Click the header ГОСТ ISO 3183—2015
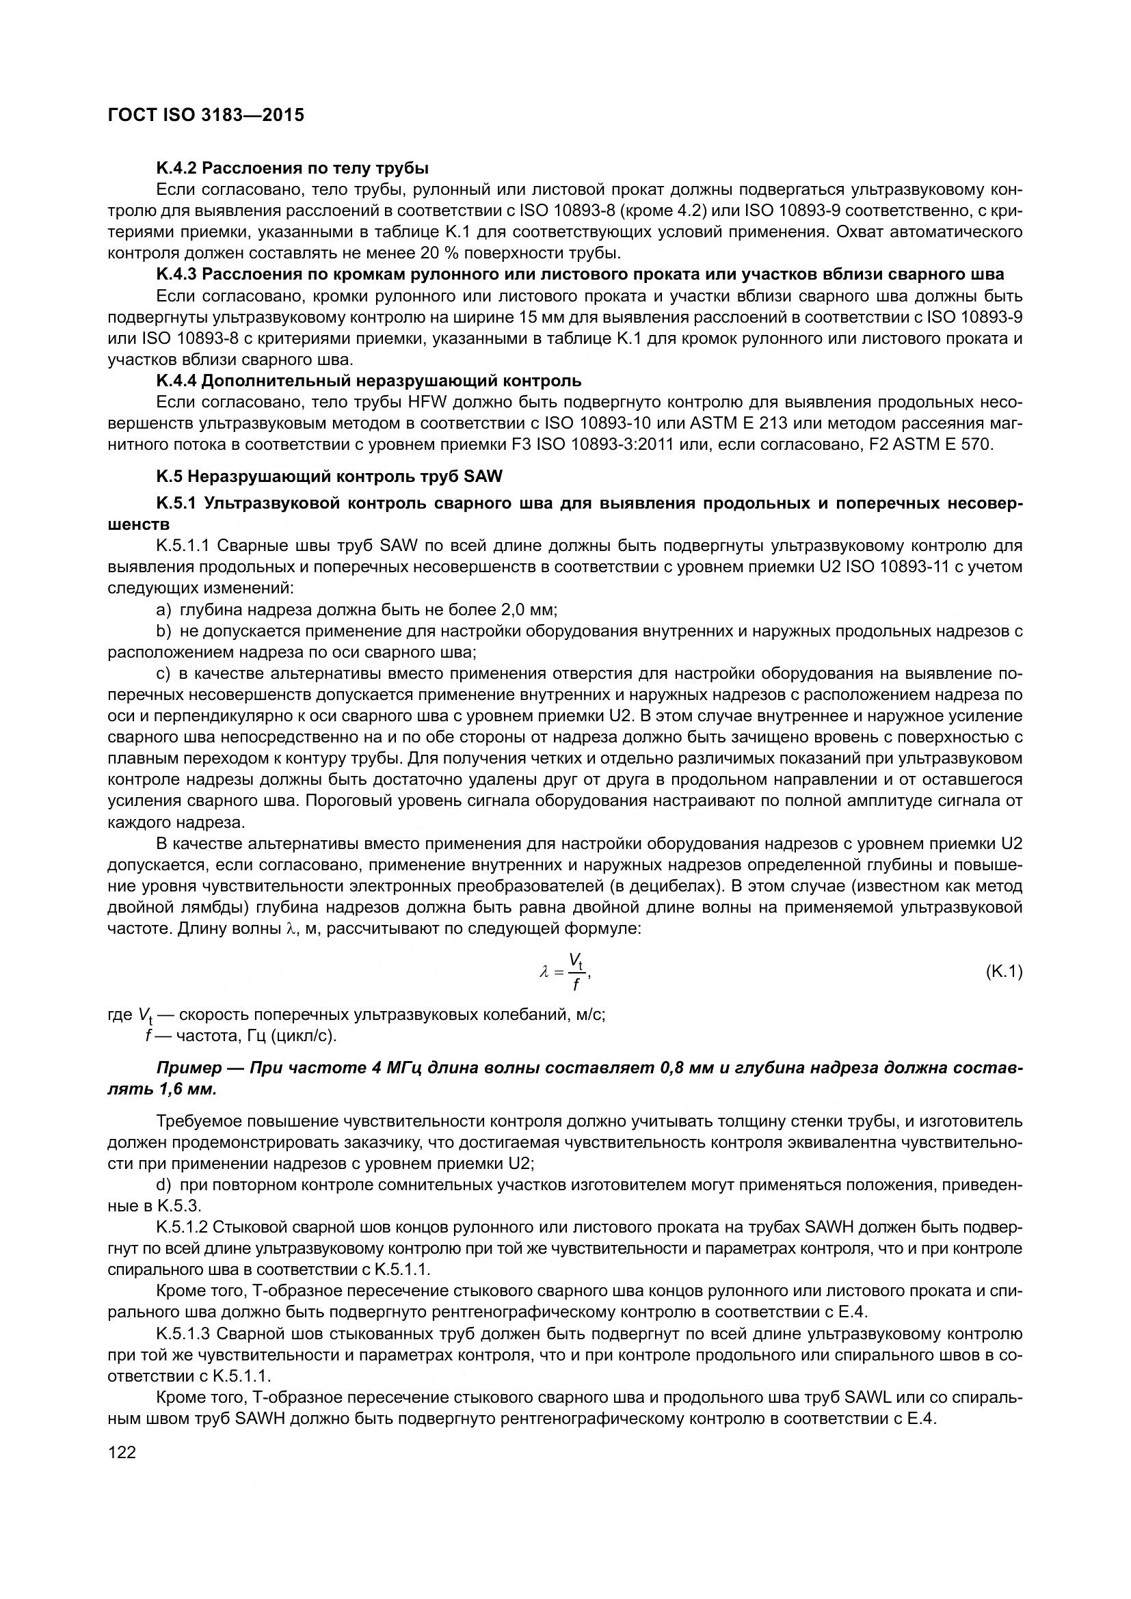tap(206, 115)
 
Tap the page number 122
tap(122, 1453)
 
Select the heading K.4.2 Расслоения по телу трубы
tap(292, 168)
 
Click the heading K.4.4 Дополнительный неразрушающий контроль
tap(369, 381)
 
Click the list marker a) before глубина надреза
tap(163, 610)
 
